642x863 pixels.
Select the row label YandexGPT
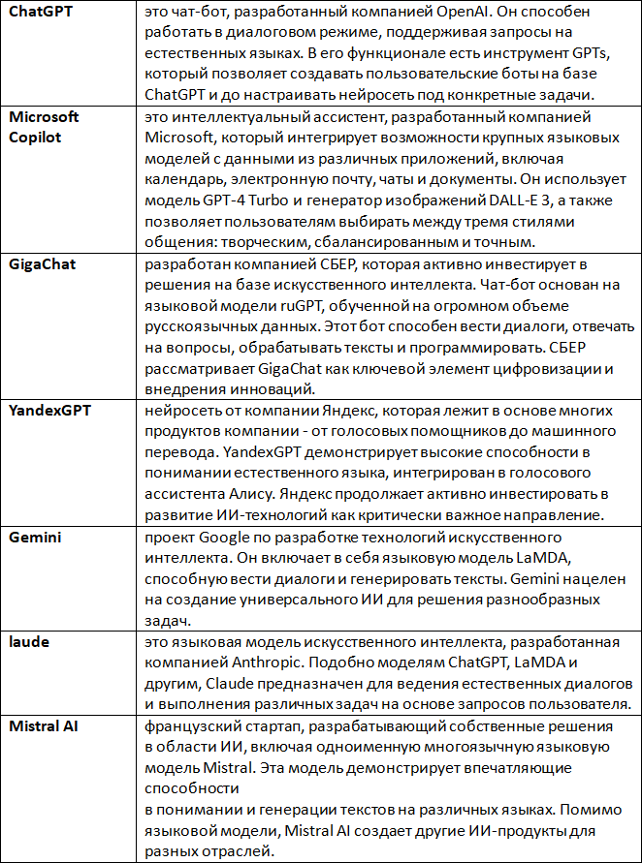(49, 411)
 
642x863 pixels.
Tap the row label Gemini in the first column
(34, 539)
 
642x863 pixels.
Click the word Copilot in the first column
(35, 137)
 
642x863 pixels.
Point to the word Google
(226, 538)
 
